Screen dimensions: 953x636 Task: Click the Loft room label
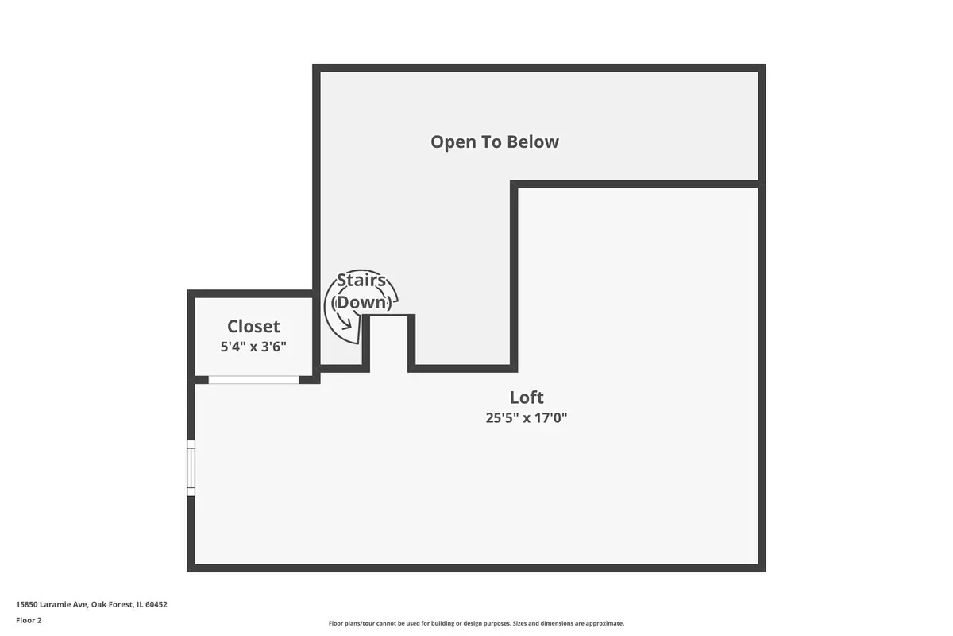click(527, 397)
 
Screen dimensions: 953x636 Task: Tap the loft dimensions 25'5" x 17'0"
click(527, 418)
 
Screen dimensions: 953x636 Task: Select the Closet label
click(253, 327)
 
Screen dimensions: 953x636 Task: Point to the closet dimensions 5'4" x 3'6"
click(253, 347)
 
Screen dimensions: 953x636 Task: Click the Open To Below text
click(494, 142)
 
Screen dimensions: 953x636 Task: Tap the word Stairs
click(361, 281)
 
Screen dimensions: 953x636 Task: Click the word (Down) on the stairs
click(361, 303)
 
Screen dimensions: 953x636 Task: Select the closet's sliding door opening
click(253, 380)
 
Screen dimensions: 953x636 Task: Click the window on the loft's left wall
click(191, 468)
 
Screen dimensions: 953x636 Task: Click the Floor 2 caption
click(29, 620)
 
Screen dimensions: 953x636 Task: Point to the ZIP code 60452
click(156, 604)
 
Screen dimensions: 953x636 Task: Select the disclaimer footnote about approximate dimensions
click(476, 623)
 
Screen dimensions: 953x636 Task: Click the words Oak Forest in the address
click(110, 604)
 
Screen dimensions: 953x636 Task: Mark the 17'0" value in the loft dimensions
click(550, 418)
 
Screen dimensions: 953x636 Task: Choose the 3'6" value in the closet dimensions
click(273, 347)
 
